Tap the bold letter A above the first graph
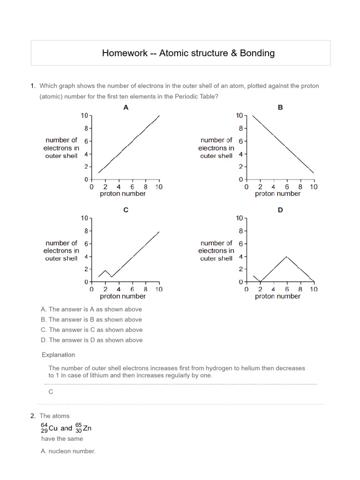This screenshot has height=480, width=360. click(126, 107)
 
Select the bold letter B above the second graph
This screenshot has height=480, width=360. click(280, 107)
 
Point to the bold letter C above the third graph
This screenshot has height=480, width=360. click(126, 210)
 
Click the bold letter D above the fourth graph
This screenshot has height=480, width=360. click(280, 210)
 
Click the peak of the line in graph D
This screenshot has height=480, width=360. click(286, 256)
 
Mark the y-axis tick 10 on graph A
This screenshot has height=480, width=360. click(84, 115)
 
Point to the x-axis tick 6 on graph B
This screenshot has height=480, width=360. click(287, 187)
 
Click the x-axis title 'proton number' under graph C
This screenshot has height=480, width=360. click(123, 296)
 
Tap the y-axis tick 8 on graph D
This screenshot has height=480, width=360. click(240, 231)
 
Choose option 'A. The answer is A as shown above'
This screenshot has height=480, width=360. click(91, 309)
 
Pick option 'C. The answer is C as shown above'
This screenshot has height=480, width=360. click(91, 330)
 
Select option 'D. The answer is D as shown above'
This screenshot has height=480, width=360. click(91, 340)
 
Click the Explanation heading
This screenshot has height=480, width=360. click(58, 355)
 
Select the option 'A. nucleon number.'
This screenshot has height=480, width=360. click(68, 451)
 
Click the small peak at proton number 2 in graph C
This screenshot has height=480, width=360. click(105, 270)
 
